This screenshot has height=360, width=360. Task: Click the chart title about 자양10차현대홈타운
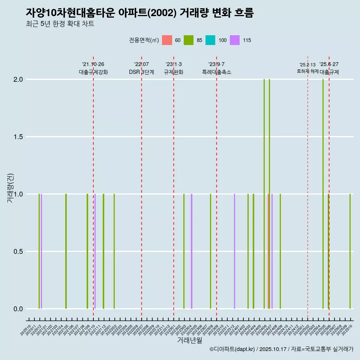(x=139, y=13)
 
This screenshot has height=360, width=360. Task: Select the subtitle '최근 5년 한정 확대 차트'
(x=60, y=24)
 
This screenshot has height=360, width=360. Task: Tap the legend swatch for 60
(x=167, y=40)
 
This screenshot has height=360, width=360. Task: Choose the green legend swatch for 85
(x=189, y=40)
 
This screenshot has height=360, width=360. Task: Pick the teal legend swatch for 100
(x=210, y=40)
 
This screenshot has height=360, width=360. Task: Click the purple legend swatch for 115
(x=235, y=40)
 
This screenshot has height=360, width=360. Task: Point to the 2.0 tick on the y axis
(x=19, y=79)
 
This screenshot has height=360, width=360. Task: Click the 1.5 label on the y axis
(x=19, y=137)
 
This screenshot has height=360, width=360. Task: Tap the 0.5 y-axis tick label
(x=19, y=252)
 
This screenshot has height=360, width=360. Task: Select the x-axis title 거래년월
(x=189, y=340)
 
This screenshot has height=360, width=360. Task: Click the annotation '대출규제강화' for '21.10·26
(x=93, y=72)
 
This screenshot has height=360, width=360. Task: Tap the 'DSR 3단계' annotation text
(x=141, y=72)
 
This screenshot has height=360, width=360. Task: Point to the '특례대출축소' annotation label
(x=217, y=72)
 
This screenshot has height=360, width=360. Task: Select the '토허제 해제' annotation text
(x=307, y=71)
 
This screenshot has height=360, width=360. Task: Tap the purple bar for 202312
(x=234, y=251)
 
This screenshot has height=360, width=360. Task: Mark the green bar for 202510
(x=350, y=251)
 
